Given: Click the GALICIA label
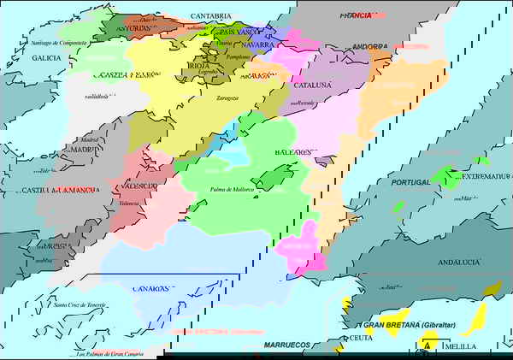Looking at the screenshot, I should (x=46, y=58).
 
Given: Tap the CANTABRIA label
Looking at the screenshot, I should (x=210, y=16).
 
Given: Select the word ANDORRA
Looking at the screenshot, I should (x=369, y=47).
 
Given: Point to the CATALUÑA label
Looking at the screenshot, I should (x=312, y=86).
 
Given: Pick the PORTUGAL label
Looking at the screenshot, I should (x=411, y=182).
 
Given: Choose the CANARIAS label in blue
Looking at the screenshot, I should (x=150, y=289).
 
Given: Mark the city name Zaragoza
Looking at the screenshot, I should (x=227, y=98).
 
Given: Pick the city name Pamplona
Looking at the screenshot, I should (x=239, y=56).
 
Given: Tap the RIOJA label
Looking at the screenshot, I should (x=198, y=65).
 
